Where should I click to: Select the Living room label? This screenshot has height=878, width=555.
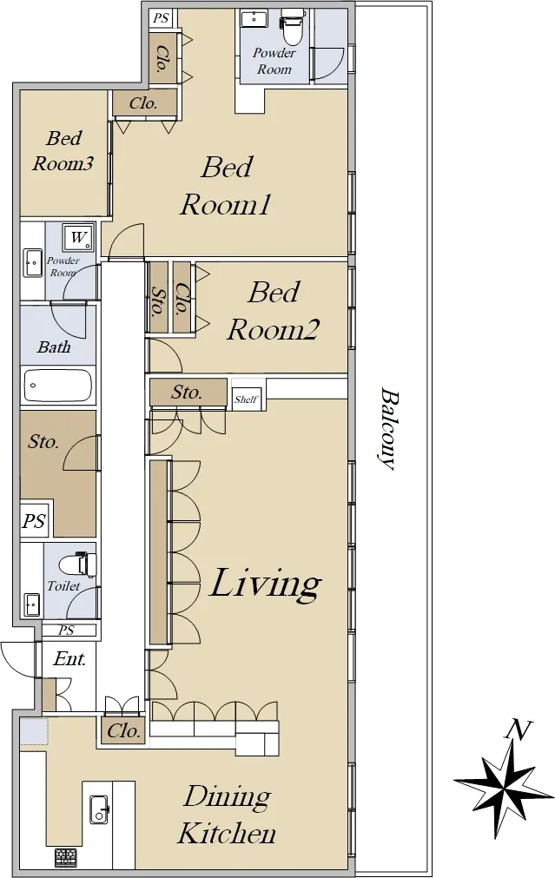click(266, 584)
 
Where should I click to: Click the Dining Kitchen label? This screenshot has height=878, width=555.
click(227, 815)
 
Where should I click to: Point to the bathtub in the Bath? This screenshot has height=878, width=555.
click(57, 386)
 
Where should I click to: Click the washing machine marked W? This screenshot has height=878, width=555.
click(78, 237)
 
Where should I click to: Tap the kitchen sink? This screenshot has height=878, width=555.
click(99, 809)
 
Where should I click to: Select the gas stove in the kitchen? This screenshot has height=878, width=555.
click(66, 856)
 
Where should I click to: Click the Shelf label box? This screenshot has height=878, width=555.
click(247, 399)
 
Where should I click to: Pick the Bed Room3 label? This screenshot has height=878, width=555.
click(63, 150)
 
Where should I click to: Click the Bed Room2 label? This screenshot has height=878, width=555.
click(274, 311)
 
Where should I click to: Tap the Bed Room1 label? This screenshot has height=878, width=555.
click(227, 186)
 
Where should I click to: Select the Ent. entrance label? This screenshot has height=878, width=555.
click(70, 658)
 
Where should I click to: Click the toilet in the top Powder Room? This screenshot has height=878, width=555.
click(290, 26)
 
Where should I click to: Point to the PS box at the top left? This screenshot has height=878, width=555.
click(162, 18)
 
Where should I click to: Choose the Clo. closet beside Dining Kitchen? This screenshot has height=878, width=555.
click(123, 730)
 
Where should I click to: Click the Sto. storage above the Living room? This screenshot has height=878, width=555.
click(188, 392)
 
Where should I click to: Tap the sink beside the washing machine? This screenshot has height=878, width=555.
click(33, 263)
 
